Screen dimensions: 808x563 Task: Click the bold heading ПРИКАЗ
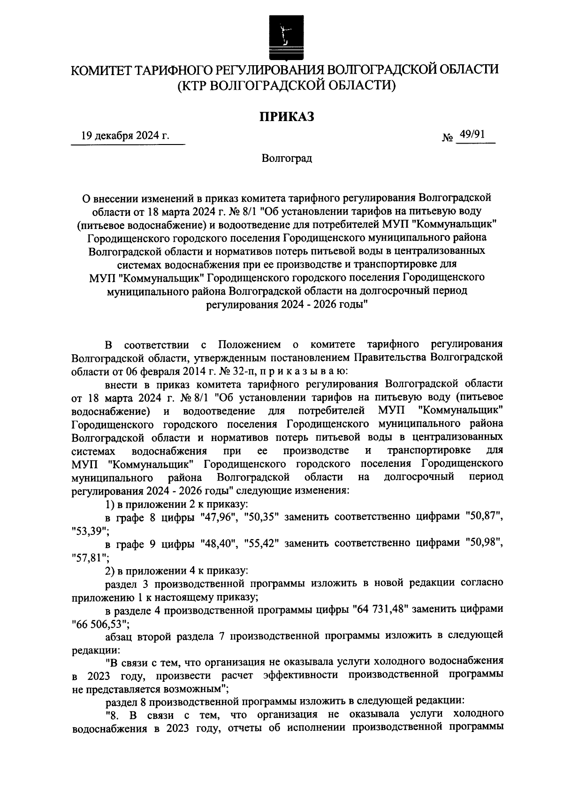point(287,116)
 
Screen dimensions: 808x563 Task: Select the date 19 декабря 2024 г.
point(125,136)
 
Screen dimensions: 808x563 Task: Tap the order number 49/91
point(472,135)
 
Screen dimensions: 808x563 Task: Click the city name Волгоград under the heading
point(287,158)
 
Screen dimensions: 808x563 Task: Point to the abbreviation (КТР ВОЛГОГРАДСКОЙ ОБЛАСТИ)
point(287,85)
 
